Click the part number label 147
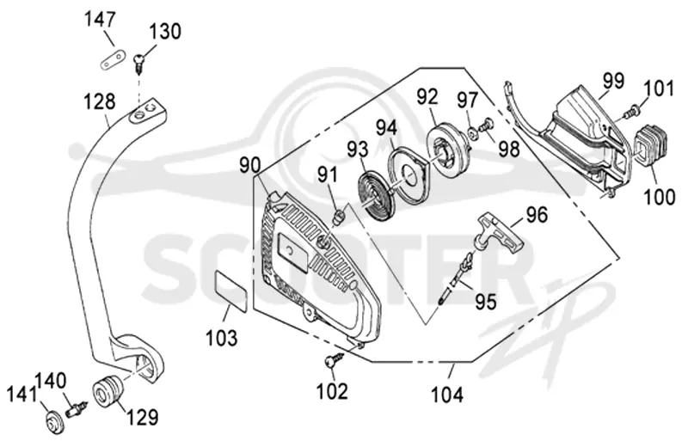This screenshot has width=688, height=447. [100, 20]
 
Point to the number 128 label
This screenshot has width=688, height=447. [100, 101]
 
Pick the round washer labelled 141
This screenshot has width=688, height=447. [54, 423]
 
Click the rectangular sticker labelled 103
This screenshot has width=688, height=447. [230, 291]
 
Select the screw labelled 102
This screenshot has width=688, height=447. [335, 360]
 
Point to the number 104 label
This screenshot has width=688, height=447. [447, 395]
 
